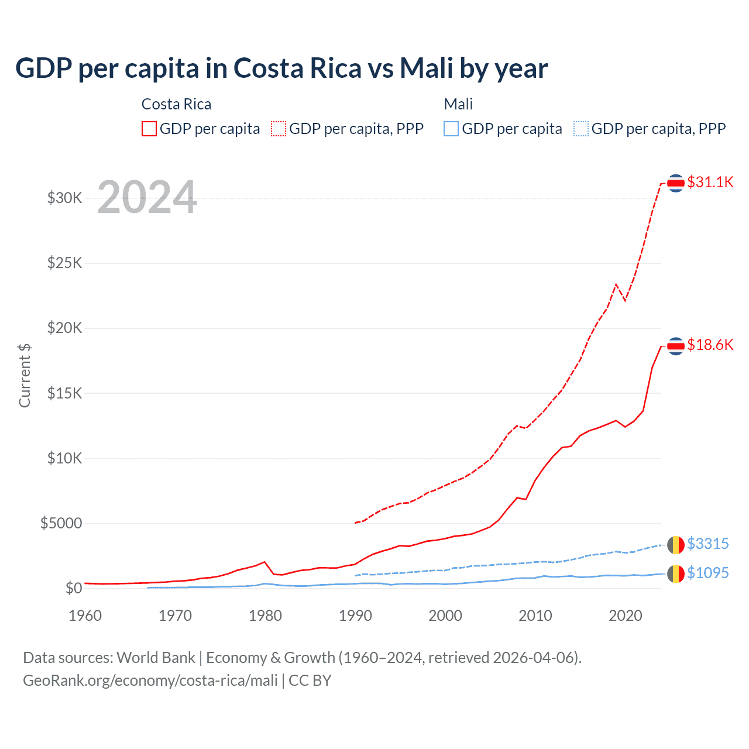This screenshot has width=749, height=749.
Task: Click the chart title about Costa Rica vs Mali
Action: coord(281,68)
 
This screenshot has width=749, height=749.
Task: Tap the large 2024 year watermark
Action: coord(147,197)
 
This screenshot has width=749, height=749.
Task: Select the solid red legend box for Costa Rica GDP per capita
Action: coord(149,129)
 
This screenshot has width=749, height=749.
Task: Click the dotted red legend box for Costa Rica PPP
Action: coord(279,129)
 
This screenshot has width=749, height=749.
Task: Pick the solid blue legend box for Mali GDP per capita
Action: coord(451,129)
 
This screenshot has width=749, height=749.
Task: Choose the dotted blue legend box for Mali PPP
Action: coord(581,129)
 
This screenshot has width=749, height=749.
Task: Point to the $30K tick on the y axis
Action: coord(64,198)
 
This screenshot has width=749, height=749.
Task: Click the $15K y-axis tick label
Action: coord(64,393)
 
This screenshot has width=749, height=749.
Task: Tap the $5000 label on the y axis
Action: coord(61,523)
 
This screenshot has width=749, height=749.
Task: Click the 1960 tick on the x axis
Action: coord(85,616)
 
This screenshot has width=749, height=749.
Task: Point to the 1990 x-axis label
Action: coord(355,616)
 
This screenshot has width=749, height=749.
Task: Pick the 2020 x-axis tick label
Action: coord(626,616)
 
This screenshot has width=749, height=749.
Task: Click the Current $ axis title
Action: coord(25,376)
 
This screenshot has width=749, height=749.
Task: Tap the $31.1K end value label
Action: coord(710,182)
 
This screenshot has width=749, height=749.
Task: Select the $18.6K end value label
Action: coord(710,345)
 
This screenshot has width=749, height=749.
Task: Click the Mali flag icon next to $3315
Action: coord(676,544)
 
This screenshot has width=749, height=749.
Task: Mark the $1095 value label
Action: coord(707,573)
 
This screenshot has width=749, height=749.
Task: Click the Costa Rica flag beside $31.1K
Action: coord(676,183)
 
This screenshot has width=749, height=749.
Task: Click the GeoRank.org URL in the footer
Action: coord(150,681)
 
